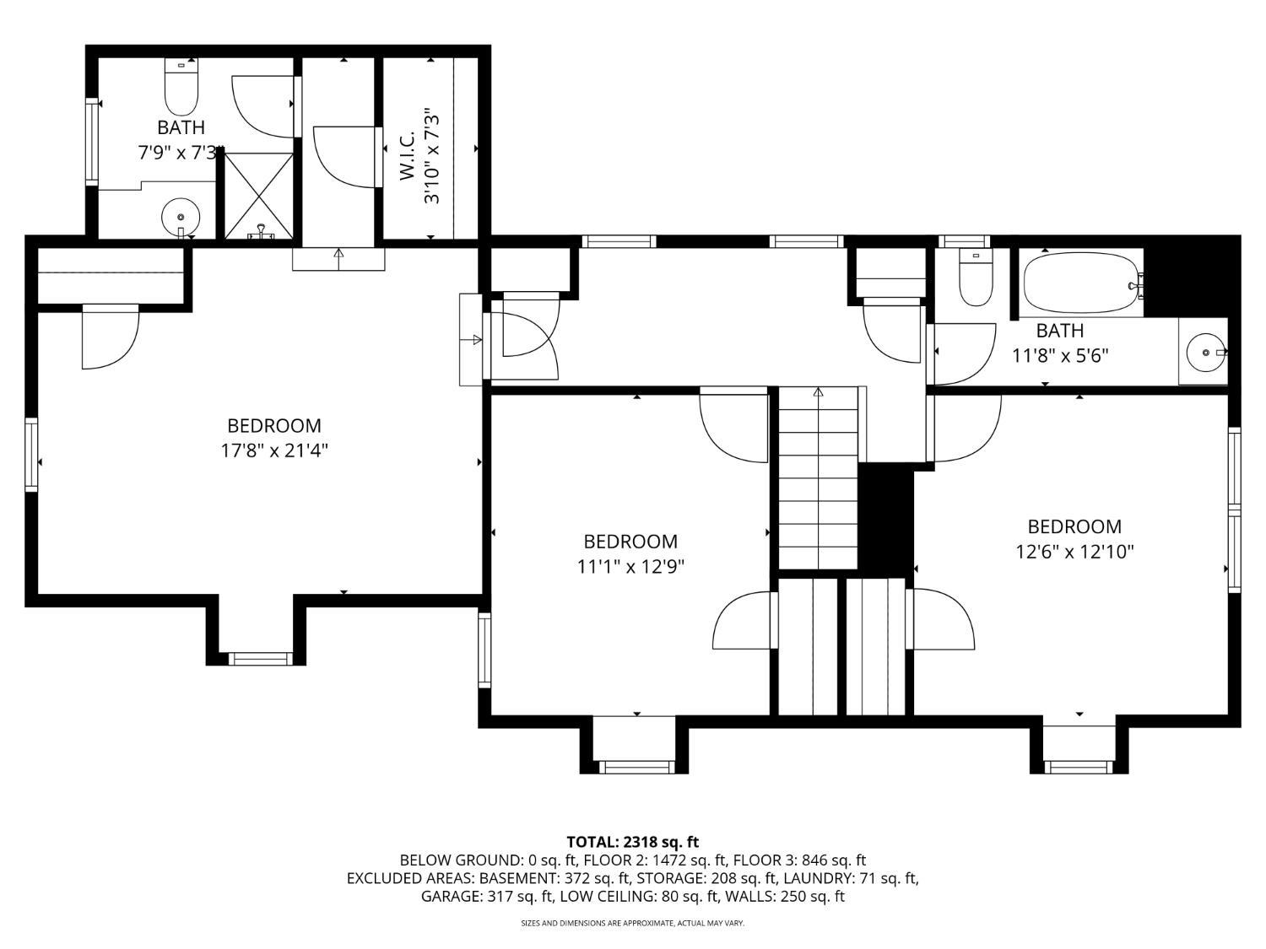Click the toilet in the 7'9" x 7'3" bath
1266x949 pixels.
click(181, 86)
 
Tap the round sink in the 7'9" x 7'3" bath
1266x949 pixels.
click(181, 217)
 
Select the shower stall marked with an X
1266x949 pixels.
click(258, 196)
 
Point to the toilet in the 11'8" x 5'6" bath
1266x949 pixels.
click(975, 277)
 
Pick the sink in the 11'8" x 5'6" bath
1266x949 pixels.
click(1205, 352)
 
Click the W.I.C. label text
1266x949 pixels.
click(407, 155)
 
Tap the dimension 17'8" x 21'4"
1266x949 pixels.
click(274, 450)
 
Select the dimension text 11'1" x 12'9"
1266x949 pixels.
click(630, 566)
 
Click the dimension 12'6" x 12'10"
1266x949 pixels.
click(1074, 552)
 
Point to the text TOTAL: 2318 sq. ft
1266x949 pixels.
click(633, 842)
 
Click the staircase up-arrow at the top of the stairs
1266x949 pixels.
click(818, 392)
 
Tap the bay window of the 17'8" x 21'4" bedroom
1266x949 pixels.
click(261, 659)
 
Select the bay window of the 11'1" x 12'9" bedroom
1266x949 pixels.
click(636, 767)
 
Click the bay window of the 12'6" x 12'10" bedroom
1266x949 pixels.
click(1078, 767)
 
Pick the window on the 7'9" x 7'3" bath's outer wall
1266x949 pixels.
click(92, 142)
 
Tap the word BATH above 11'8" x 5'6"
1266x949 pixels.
click(1060, 331)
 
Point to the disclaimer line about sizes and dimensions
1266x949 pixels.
click(633, 923)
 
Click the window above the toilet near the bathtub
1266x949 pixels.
click(965, 241)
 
